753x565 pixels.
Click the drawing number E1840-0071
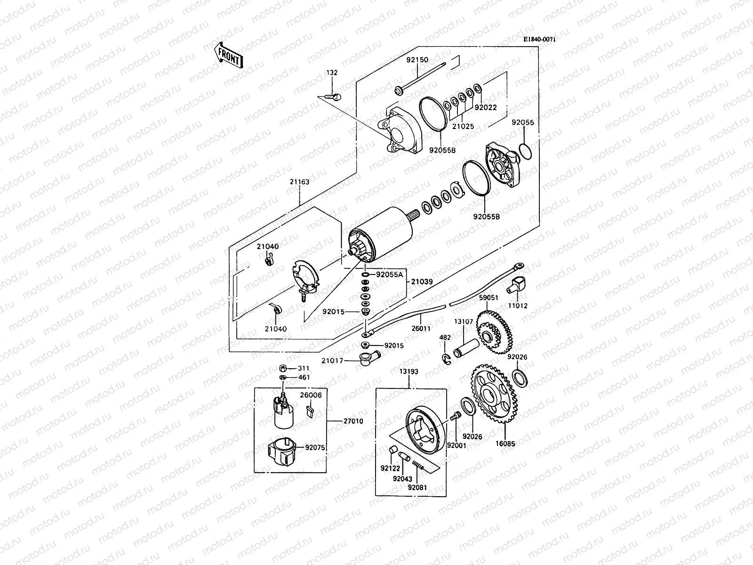(539, 40)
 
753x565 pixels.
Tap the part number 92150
(417, 60)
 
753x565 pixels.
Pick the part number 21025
(464, 126)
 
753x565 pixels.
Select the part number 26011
(421, 328)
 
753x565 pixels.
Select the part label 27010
(353, 421)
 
